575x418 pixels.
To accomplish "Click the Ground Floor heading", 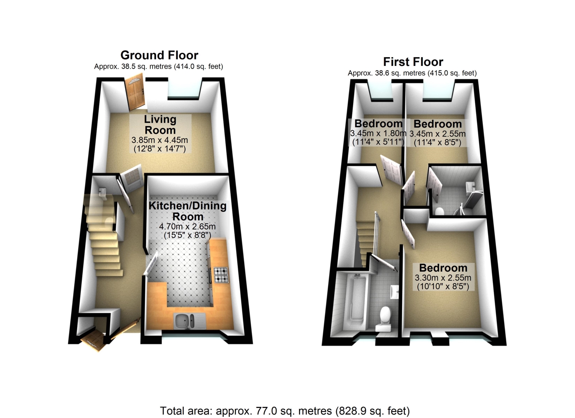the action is click(x=159, y=55).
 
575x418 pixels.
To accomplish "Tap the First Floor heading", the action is click(x=413, y=62).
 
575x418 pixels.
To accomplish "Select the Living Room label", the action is click(x=160, y=125).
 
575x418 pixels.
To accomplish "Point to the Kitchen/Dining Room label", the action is click(x=188, y=211).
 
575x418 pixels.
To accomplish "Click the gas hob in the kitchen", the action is click(x=221, y=275).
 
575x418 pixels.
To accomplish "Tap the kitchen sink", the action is click(x=189, y=321).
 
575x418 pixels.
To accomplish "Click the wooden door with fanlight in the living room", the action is click(x=135, y=92).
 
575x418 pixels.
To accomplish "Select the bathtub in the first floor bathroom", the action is click(x=356, y=303).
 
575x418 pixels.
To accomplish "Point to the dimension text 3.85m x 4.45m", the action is click(x=160, y=140).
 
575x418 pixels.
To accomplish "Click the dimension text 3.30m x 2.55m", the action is click(x=443, y=278).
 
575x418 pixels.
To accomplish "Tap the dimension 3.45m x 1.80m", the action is click(x=378, y=133).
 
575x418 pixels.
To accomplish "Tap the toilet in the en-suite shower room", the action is click(x=439, y=211).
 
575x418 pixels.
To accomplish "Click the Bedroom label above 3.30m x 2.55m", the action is click(x=443, y=268).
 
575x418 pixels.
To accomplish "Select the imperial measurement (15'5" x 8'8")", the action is click(x=187, y=235).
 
